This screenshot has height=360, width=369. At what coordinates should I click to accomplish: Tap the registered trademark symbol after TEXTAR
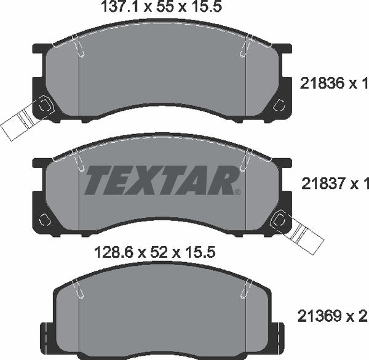tap(237, 191)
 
